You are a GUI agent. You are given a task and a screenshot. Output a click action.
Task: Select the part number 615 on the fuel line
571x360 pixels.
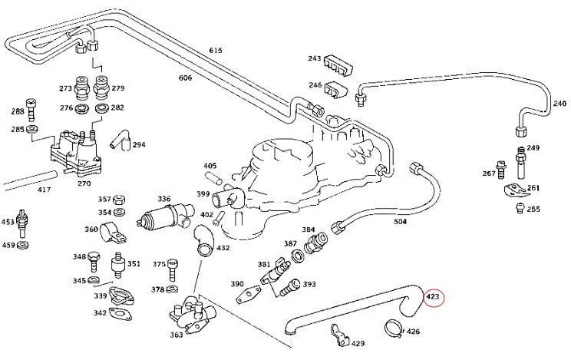[216, 51]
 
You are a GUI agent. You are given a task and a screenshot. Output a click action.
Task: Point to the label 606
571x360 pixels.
[185, 78]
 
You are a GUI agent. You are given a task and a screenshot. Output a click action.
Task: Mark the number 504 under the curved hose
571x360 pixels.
[400, 222]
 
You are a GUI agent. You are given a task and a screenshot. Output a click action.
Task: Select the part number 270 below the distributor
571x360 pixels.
[84, 183]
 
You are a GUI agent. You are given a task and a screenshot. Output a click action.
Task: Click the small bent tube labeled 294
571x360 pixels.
[119, 140]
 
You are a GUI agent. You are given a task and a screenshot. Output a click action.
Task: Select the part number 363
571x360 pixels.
[177, 335]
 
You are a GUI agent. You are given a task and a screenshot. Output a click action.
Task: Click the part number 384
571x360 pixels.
[308, 230]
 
